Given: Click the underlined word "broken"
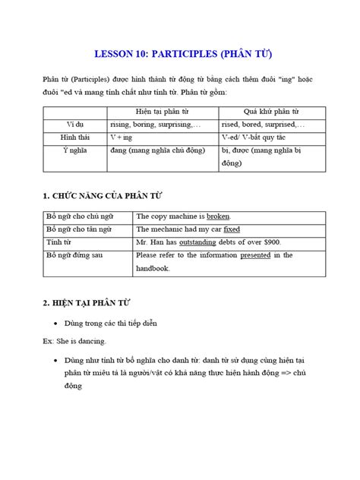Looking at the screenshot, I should (215, 216).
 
